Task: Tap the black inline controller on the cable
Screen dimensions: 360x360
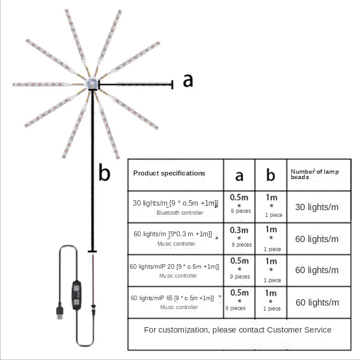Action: [x=76, y=295]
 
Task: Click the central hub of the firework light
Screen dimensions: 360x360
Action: [x=92, y=84]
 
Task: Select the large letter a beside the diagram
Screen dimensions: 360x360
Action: [x=188, y=81]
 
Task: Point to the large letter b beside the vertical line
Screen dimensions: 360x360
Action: [x=104, y=172]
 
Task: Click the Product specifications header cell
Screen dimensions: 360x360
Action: [x=169, y=173]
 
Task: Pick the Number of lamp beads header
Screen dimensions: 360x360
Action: [x=315, y=174]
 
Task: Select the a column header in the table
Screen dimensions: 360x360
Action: [x=239, y=176]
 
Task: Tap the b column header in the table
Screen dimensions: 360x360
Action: [x=271, y=175]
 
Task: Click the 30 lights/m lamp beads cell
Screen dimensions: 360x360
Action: [x=317, y=207]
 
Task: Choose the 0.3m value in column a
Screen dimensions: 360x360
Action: [x=239, y=230]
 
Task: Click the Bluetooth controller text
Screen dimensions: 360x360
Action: [x=180, y=213]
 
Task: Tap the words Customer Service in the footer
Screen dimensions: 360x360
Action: [x=299, y=330]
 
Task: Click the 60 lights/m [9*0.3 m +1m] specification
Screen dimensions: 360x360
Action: [x=173, y=234]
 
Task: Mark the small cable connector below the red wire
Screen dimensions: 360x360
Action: [x=93, y=310]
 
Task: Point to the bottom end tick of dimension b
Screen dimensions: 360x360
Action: [x=92, y=252]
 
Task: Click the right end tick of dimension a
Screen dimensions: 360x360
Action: [x=172, y=85]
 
